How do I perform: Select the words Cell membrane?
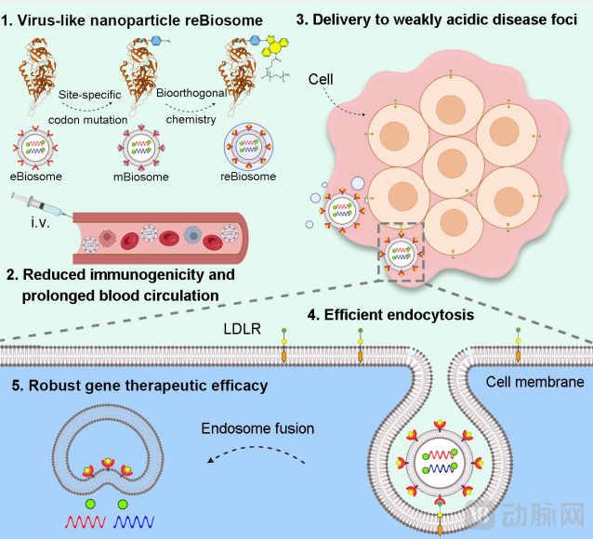click(x=534, y=381)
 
